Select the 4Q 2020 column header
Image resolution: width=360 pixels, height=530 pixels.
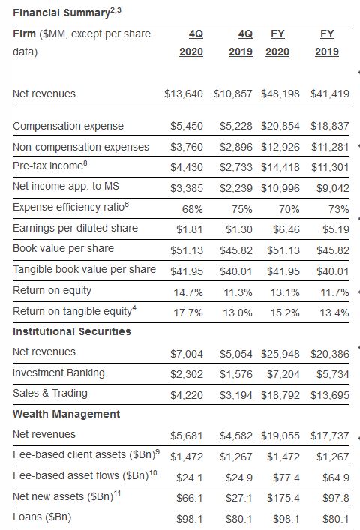[190, 43]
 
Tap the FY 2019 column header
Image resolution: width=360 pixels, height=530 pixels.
[327, 43]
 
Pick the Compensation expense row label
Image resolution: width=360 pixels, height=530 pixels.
[68, 126]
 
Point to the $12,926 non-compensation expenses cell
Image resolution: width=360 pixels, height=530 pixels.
[282, 146]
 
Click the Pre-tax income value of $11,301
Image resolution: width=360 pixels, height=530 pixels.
[329, 167]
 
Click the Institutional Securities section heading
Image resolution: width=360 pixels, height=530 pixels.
[72, 331]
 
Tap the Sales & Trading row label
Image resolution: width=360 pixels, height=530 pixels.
[50, 393]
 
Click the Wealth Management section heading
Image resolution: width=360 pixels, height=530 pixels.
[66, 414]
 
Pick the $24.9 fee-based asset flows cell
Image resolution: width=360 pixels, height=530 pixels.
[238, 477]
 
